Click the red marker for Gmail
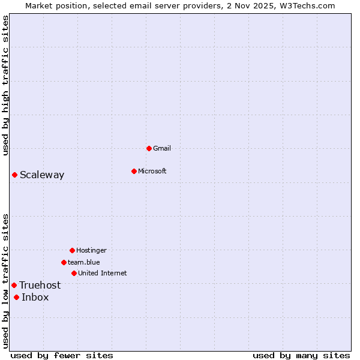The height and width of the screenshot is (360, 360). point(149,148)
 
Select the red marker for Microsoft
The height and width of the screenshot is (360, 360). point(134,171)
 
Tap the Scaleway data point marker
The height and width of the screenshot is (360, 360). point(14,175)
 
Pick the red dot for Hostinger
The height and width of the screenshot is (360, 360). point(72,250)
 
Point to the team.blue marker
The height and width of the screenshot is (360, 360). point(64,262)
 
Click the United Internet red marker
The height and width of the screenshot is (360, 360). point(74,273)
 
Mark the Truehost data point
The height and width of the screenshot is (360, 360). point(14,285)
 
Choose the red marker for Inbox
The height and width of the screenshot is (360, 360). point(16,297)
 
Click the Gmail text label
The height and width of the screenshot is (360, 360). point(162,148)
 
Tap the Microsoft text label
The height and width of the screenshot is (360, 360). point(152,171)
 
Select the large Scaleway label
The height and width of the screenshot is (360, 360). point(42,175)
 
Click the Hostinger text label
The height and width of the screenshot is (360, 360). point(91,250)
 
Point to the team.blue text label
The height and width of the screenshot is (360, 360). point(84,262)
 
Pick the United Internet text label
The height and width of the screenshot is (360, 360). point(103,273)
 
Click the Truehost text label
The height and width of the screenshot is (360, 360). point(40,285)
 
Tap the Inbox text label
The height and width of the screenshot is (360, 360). point(35,297)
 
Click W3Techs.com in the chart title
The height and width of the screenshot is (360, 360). point(306,5)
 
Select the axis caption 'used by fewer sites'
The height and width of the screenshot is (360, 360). point(62,355)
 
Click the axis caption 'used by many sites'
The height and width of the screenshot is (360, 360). point(301,355)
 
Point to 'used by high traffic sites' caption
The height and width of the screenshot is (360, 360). point(5,85)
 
